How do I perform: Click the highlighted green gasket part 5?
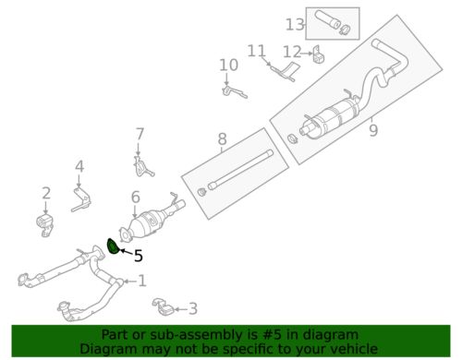112,247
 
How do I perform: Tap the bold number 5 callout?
139,256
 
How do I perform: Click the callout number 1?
141,281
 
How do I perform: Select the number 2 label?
46,193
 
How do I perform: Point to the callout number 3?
193,308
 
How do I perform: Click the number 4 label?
79,166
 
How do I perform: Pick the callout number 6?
136,198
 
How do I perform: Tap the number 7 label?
140,134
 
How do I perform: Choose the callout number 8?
222,138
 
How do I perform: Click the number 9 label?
373,130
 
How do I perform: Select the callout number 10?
228,65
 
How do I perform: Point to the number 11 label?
257,51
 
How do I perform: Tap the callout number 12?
292,52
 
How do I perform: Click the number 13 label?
295,25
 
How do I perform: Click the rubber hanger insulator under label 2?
45,225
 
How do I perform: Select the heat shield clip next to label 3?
163,306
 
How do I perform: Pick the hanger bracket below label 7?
142,168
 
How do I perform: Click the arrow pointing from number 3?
180,309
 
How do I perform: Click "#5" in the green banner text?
273,334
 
